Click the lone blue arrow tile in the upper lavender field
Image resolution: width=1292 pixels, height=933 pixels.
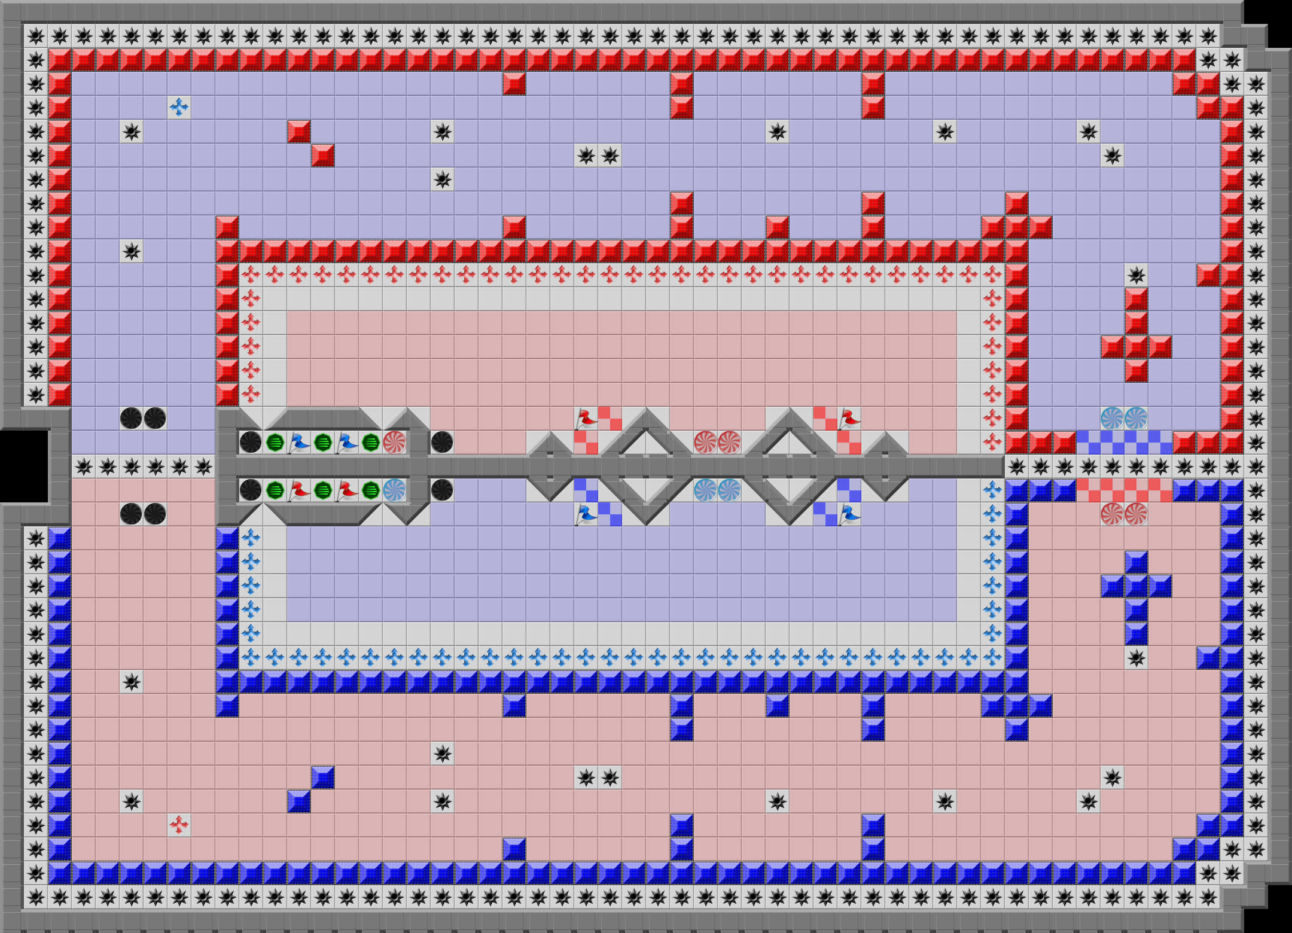pyautogui.click(x=179, y=108)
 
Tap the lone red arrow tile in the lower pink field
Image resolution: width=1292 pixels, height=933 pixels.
pyautogui.click(x=179, y=825)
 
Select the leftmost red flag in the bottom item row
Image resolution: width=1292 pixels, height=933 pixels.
pyautogui.click(x=298, y=490)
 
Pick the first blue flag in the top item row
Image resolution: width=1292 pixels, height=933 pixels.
pyautogui.click(x=298, y=443)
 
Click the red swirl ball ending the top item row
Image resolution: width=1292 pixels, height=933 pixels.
pyautogui.click(x=394, y=443)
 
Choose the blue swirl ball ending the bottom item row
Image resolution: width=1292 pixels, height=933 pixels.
pyautogui.click(x=394, y=490)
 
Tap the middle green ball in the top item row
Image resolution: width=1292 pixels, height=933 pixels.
pyautogui.click(x=322, y=443)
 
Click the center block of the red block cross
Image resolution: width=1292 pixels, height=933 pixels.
pyautogui.click(x=1136, y=347)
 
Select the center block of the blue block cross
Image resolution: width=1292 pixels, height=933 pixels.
pyautogui.click(x=1136, y=586)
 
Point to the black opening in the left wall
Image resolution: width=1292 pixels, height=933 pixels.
pyautogui.click(x=24, y=466)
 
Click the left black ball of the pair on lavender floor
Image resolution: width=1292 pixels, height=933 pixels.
pyautogui.click(x=131, y=419)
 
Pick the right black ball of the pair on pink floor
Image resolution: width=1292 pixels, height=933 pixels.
pyautogui.click(x=155, y=514)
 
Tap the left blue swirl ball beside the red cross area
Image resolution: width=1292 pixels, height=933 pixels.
pyautogui.click(x=1112, y=419)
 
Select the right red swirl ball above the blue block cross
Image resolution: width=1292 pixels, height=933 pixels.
pyautogui.click(x=1136, y=514)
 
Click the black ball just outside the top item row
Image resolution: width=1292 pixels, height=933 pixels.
pyautogui.click(x=442, y=443)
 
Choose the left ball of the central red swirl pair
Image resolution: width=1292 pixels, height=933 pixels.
pyautogui.click(x=705, y=443)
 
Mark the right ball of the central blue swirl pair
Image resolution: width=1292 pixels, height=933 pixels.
pyautogui.click(x=729, y=490)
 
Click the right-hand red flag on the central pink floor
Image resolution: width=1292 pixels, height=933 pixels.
pyautogui.click(x=849, y=419)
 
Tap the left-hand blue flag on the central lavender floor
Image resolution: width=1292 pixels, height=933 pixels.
pyautogui.click(x=586, y=514)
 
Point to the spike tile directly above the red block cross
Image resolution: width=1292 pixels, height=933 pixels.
pyautogui.click(x=1136, y=275)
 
